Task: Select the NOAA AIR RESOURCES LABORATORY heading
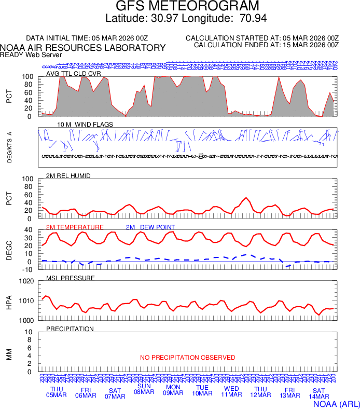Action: click(83, 48)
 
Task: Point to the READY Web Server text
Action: click(31, 54)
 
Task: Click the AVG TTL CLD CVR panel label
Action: click(73, 74)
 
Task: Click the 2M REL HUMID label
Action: click(68, 176)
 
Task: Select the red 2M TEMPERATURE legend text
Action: click(75, 227)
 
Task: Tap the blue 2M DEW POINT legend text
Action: click(150, 227)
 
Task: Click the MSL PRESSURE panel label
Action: click(71, 278)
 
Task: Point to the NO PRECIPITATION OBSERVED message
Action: click(187, 358)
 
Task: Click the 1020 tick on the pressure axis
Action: click(27, 281)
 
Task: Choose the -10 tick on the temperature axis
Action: click(28, 269)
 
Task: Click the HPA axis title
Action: click(9, 301)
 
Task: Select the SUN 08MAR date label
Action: click(144, 389)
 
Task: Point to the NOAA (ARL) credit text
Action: click(336, 402)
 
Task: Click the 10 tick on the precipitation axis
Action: click(30, 332)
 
